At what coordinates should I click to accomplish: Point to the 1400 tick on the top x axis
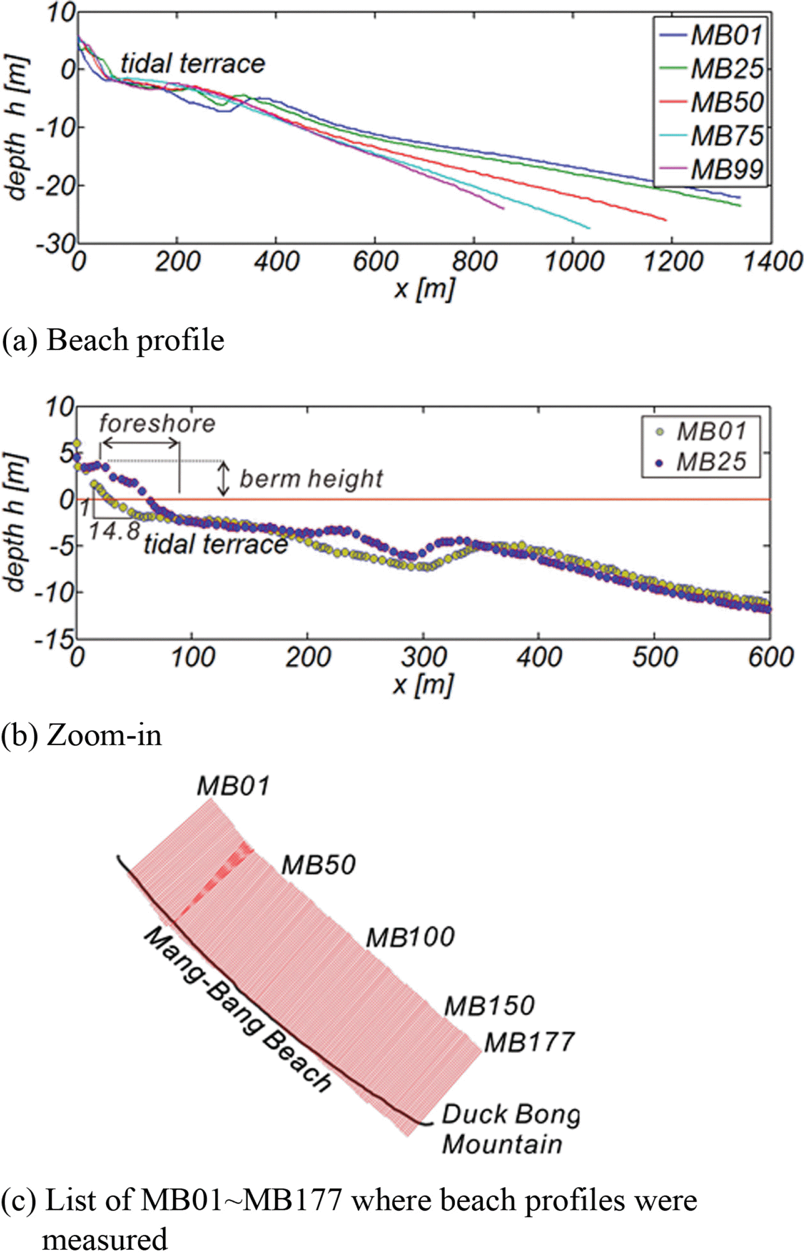(x=772, y=261)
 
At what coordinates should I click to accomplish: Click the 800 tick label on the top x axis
(x=474, y=261)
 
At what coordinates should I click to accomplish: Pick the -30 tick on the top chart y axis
(x=56, y=243)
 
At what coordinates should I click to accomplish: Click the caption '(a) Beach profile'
(x=113, y=341)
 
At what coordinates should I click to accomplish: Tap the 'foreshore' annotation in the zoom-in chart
(x=157, y=423)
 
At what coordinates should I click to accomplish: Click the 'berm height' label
(x=311, y=479)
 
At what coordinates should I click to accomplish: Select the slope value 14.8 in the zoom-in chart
(x=114, y=531)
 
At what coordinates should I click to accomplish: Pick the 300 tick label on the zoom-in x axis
(x=423, y=657)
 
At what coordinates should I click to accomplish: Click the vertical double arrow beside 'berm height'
(x=223, y=479)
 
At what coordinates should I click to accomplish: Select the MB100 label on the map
(x=410, y=938)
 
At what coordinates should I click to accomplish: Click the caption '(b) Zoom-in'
(x=81, y=735)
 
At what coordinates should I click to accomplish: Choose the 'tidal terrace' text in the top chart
(x=193, y=63)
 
